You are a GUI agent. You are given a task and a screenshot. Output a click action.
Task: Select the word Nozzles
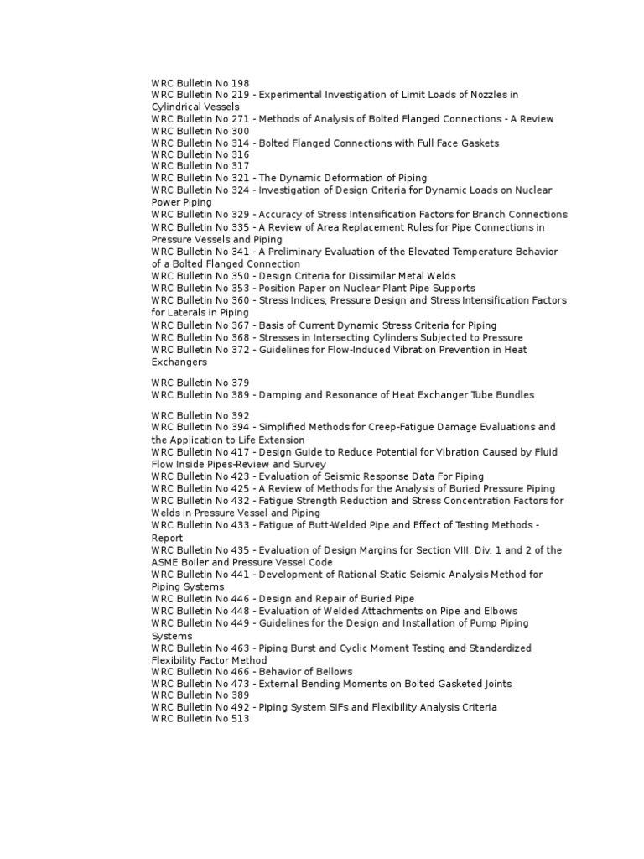[493, 95]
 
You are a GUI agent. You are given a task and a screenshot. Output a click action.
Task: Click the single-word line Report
[167, 538]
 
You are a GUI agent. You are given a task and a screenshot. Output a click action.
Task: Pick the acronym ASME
[167, 562]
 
